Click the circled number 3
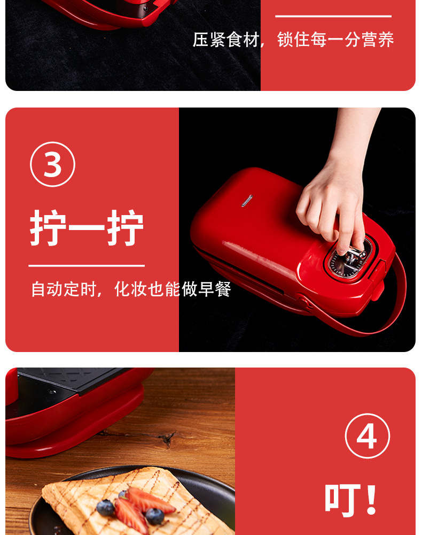[x=52, y=164]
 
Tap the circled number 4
[x=367, y=435]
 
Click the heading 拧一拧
[x=87, y=227]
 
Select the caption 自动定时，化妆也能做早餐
[x=131, y=289]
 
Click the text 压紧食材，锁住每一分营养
[x=293, y=40]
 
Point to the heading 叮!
[x=351, y=499]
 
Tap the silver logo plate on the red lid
[x=247, y=201]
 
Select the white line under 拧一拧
[x=87, y=265]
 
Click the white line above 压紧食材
[x=333, y=16]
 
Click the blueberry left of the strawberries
[x=106, y=508]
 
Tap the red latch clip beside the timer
[x=379, y=280]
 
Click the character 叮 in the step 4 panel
[x=342, y=500]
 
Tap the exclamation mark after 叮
[x=371, y=499]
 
